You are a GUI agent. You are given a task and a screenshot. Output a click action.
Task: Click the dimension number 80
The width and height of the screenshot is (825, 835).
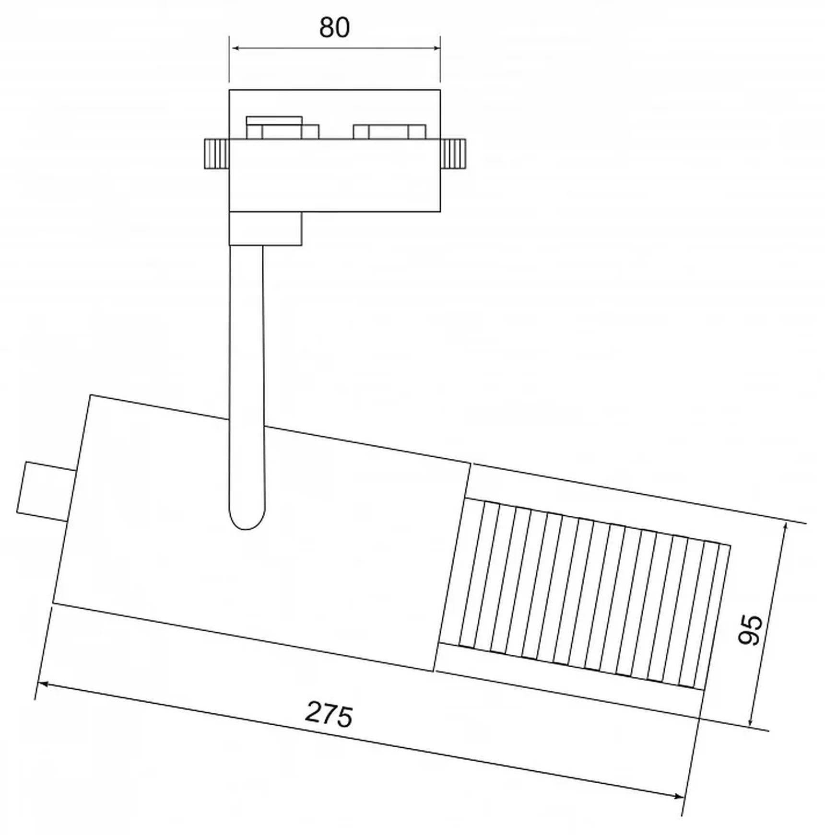pos(334,27)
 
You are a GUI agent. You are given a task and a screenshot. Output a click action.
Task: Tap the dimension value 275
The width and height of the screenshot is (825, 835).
pos(329,715)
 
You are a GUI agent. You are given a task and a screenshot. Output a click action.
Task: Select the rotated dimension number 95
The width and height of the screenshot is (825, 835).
pos(750,630)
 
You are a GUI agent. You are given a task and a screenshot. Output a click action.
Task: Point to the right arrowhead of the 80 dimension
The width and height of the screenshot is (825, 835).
pos(435,48)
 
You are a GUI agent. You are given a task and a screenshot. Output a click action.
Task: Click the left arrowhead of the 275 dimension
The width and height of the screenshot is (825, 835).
pos(43,684)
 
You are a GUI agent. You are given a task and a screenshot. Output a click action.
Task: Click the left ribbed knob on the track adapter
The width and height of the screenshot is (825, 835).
pos(217,154)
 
